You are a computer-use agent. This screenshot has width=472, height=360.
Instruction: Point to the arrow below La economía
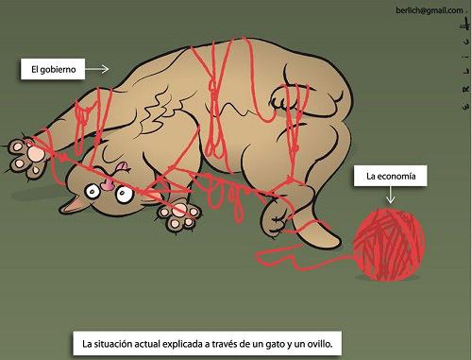[x=389, y=196]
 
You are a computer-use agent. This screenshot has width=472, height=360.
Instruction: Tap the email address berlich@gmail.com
[x=430, y=9]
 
